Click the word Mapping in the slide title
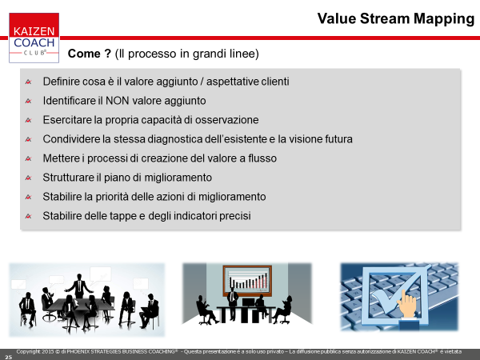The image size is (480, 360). point(444,19)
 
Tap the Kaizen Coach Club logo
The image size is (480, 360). point(34,38)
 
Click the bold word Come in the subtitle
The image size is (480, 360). point(84,54)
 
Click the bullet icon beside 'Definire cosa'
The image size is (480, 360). point(29,82)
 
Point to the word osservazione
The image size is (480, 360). point(227,120)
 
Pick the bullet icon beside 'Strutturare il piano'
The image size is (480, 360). point(29,178)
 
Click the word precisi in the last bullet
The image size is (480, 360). point(235,216)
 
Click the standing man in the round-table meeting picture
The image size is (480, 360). point(79,286)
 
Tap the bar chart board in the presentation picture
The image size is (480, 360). point(247,281)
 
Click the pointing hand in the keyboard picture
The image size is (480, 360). point(407,304)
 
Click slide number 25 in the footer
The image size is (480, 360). point(8,357)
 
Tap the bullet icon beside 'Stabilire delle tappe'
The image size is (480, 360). point(29,217)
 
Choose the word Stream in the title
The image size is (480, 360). point(385,19)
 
